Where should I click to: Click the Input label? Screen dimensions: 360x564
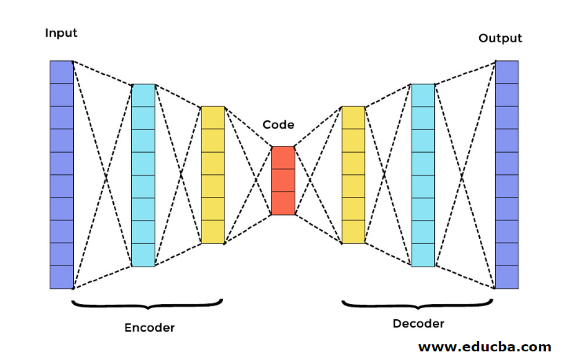click(x=61, y=32)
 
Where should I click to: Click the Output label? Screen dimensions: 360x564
click(x=500, y=38)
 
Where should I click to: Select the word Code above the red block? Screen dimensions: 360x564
click(x=278, y=124)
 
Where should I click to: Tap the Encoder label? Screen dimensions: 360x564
click(x=149, y=326)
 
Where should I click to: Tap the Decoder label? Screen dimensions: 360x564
click(x=419, y=323)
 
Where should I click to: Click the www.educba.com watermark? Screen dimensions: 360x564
click(x=485, y=346)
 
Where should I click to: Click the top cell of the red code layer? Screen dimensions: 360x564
click(x=283, y=157)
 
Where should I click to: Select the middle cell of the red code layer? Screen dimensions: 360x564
click(x=283, y=180)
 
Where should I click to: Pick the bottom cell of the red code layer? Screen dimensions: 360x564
click(x=283, y=203)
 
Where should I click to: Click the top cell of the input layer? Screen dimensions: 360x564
click(x=61, y=72)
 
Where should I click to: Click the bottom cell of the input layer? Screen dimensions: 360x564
click(x=61, y=277)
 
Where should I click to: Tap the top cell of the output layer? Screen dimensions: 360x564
click(x=507, y=72)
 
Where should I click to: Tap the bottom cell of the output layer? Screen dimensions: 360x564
click(x=507, y=277)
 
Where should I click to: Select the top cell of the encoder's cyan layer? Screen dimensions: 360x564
click(x=143, y=95)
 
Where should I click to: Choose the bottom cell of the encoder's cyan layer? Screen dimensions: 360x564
click(x=143, y=255)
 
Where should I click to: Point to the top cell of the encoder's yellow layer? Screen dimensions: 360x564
click(x=213, y=117)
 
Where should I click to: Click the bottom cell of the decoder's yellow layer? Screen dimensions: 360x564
click(x=353, y=232)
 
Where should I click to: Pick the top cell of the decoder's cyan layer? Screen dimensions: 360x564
click(x=422, y=95)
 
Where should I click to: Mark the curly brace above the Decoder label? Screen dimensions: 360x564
click(x=418, y=303)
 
